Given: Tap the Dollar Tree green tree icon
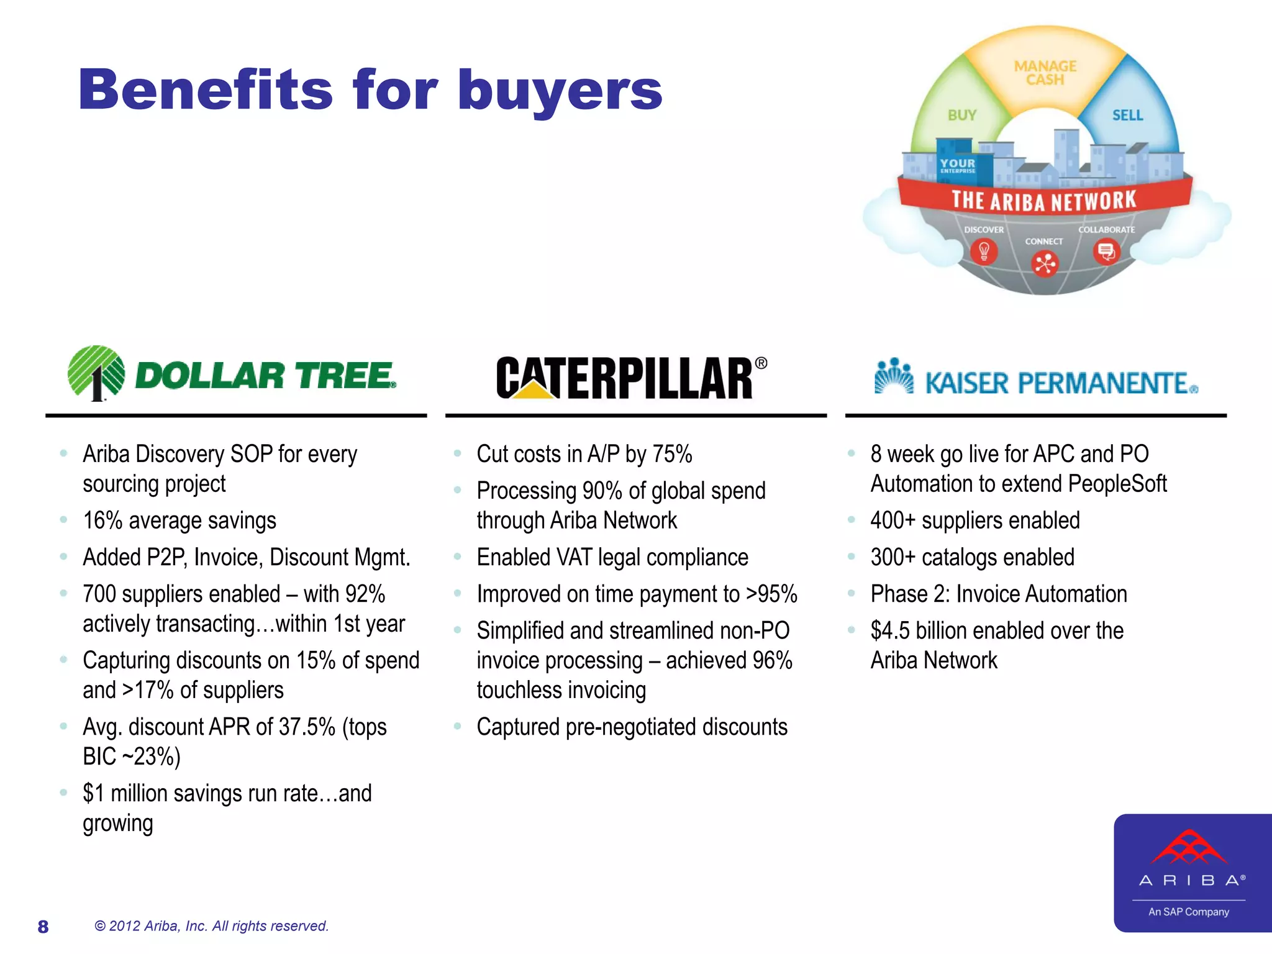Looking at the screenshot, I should pos(96,372).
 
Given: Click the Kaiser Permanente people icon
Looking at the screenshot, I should pos(893,376).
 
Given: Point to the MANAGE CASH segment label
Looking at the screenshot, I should pos(1045,73).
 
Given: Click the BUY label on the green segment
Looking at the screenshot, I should pos(961,115).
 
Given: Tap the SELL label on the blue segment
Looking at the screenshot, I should pos(1127,115).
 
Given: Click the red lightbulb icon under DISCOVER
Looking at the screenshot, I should pos(984,252).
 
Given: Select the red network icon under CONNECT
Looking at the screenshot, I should pos(1045,264).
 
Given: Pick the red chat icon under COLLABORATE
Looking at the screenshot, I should pos(1106,252).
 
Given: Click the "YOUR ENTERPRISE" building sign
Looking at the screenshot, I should pos(957,165).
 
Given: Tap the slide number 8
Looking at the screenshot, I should pos(43,927).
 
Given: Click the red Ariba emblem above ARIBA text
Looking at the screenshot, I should pos(1189,847).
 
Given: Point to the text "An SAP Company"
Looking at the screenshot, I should pos(1188,912).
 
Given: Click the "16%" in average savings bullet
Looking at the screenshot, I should pos(102,520).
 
